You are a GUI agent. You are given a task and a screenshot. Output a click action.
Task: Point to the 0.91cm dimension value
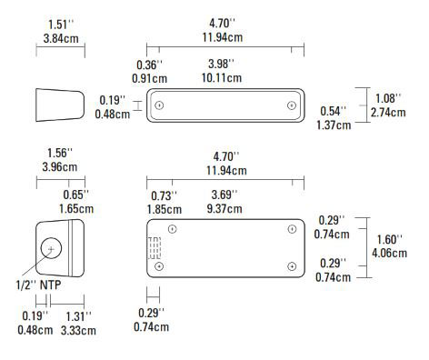(x=148, y=78)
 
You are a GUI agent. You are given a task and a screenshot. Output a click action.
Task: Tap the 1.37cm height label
(x=334, y=125)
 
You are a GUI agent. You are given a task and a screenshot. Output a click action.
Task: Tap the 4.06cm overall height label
(x=389, y=253)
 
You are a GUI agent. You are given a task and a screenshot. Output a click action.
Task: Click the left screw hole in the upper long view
(x=160, y=105)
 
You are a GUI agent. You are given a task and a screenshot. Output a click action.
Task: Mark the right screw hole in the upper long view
(x=291, y=105)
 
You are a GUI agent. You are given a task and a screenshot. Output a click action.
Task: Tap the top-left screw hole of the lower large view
(x=172, y=228)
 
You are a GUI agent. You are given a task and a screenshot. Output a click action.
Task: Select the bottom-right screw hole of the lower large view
(x=291, y=265)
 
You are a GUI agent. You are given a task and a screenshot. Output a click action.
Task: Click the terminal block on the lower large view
(x=155, y=248)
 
